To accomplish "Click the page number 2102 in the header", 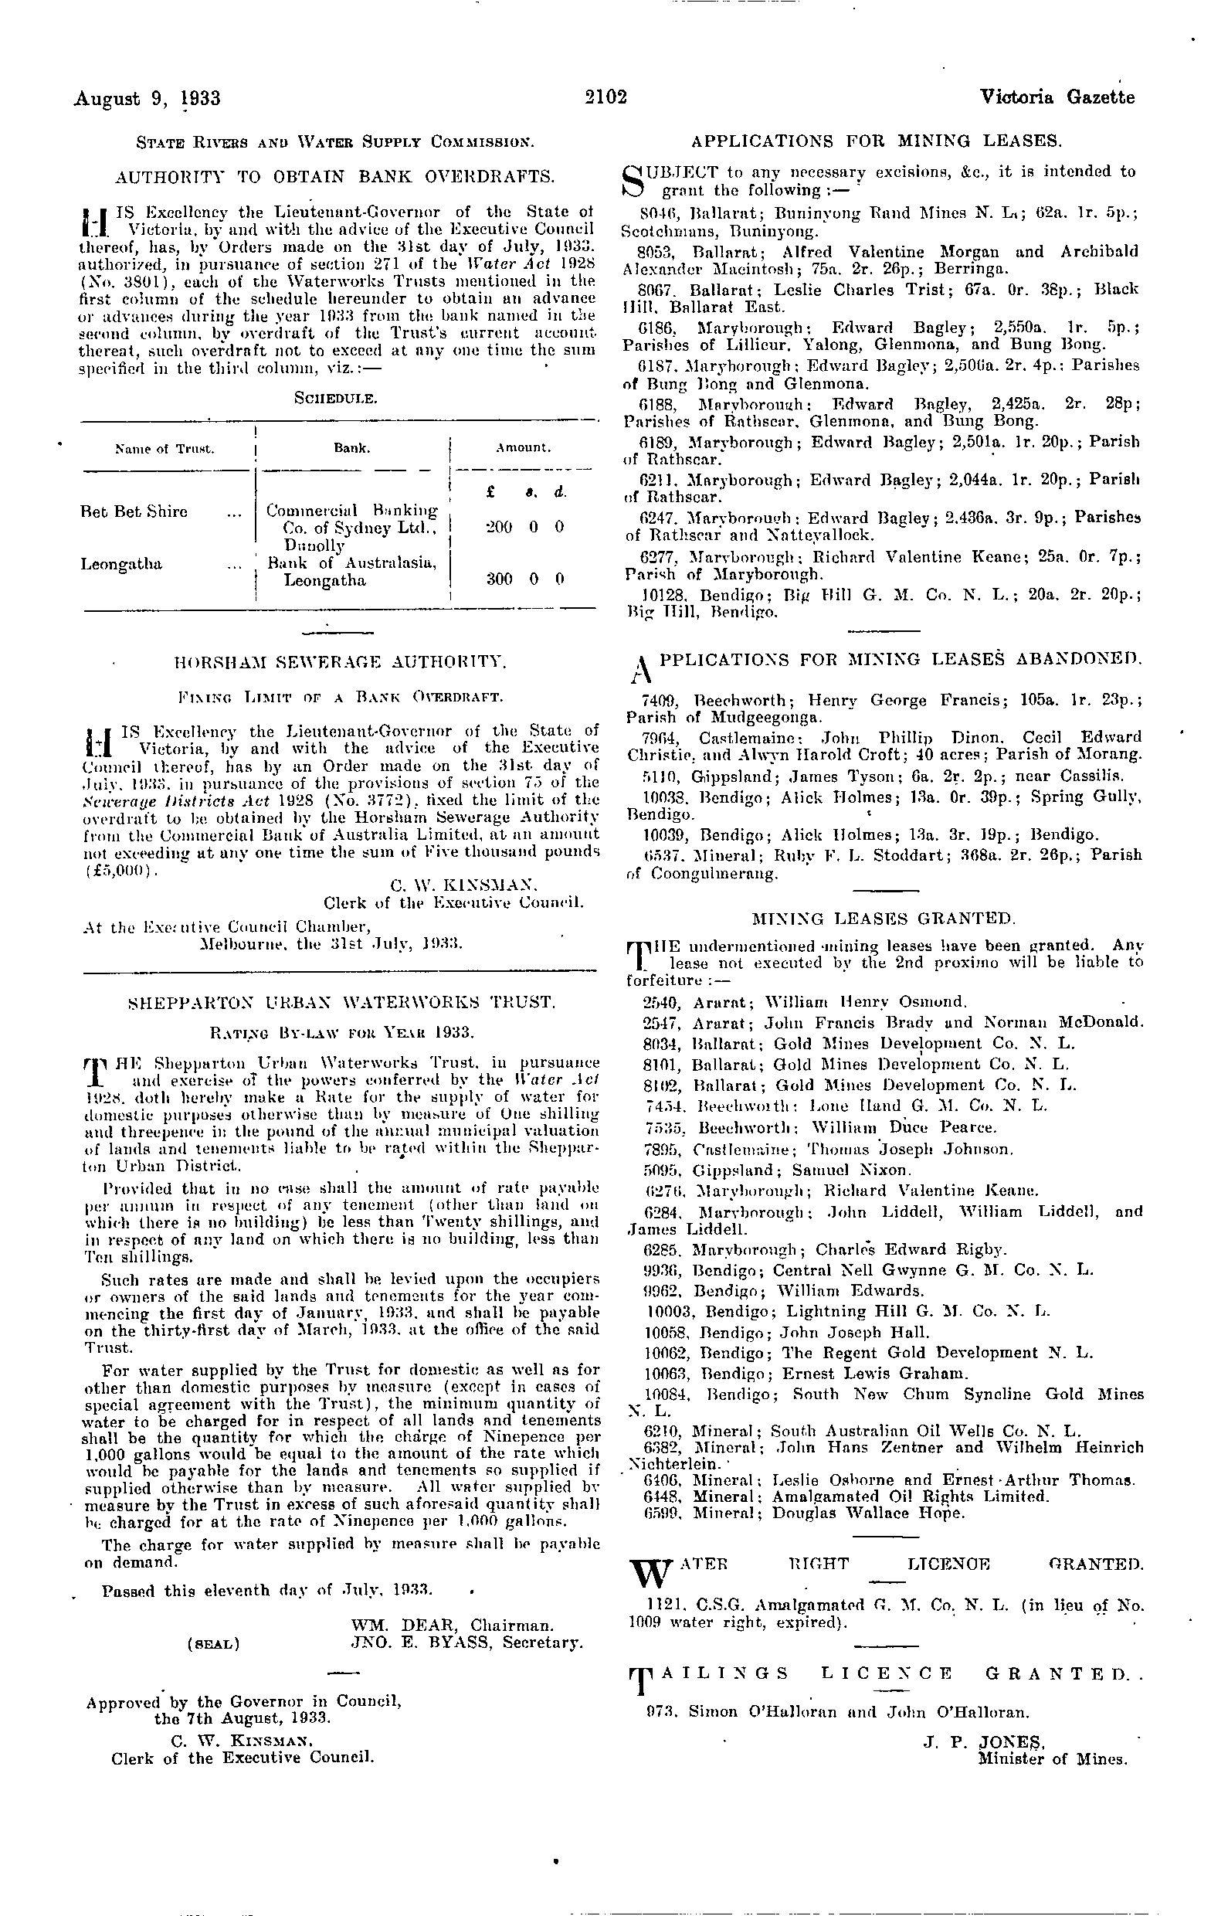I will point(605,97).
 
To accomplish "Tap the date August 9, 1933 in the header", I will point(147,98).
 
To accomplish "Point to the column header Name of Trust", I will point(165,449).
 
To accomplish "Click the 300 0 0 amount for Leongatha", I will point(524,579).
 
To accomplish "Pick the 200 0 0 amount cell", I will point(524,527).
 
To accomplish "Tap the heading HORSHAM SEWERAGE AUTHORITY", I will point(340,661).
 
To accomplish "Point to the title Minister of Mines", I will point(1052,1758).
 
